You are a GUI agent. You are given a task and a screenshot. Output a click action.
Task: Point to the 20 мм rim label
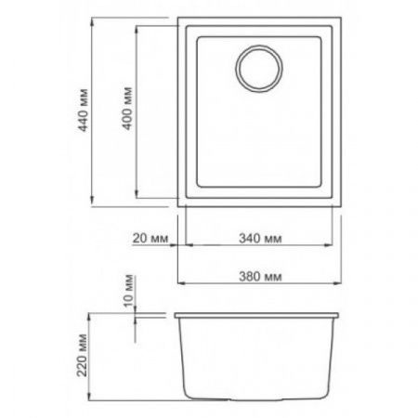click(x=149, y=238)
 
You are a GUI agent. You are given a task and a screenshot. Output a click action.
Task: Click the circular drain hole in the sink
click(x=258, y=70)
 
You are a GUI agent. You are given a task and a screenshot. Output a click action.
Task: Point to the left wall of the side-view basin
click(x=182, y=358)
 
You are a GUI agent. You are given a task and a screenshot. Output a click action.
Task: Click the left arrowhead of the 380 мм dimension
click(x=180, y=285)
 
